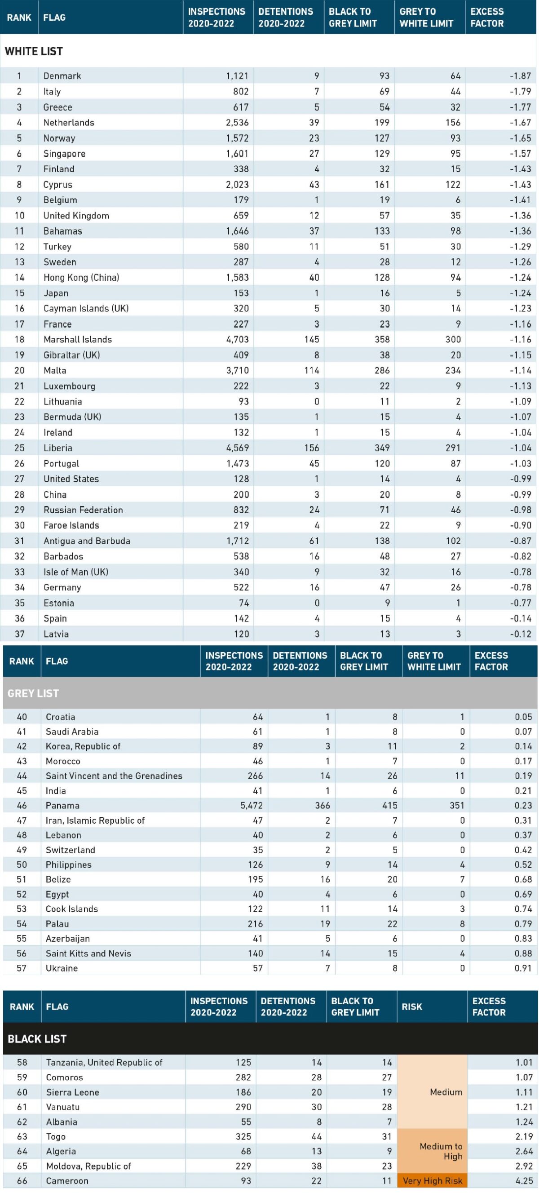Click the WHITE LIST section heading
pyautogui.click(x=34, y=51)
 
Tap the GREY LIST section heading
pyautogui.click(x=33, y=693)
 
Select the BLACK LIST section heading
pyautogui.click(x=37, y=1039)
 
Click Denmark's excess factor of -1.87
pyautogui.click(x=520, y=76)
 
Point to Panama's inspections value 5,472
pyautogui.click(x=252, y=805)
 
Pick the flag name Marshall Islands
pyautogui.click(x=78, y=339)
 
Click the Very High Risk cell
pyautogui.click(x=432, y=1180)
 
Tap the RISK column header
pyautogui.click(x=411, y=1007)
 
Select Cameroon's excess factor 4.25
pyautogui.click(x=524, y=1180)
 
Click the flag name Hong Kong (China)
pyautogui.click(x=81, y=277)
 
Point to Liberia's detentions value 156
pyautogui.click(x=312, y=448)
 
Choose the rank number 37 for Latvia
pyautogui.click(x=19, y=634)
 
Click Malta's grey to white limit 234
pyautogui.click(x=453, y=371)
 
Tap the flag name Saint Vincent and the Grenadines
pyautogui.click(x=114, y=776)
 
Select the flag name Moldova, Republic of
pyautogui.click(x=88, y=1166)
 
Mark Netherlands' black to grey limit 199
pyautogui.click(x=382, y=123)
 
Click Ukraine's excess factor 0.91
pyautogui.click(x=523, y=968)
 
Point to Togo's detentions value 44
pyautogui.click(x=316, y=1136)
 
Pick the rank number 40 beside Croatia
pyautogui.click(x=22, y=717)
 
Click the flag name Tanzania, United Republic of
pyautogui.click(x=104, y=1062)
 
